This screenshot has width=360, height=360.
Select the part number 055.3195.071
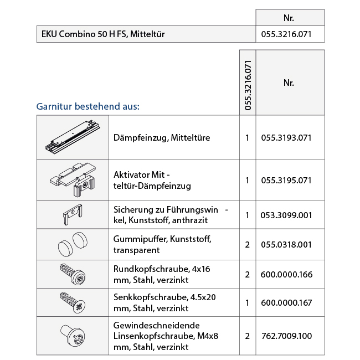click(286, 181)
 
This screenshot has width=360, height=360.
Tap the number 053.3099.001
click(286, 215)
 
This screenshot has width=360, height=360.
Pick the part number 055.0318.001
click(286, 244)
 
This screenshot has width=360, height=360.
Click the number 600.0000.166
click(286, 274)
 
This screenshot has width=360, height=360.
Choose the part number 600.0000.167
click(286, 303)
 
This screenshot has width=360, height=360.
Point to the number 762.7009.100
click(286, 336)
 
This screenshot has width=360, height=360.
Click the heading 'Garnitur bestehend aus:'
click(88, 105)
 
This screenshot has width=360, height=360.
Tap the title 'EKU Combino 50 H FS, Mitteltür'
click(103, 34)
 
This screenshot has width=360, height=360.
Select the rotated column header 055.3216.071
click(248, 83)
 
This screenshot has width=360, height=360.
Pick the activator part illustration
click(73, 179)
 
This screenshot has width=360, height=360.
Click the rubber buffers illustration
click(73, 244)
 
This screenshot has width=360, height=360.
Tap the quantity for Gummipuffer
click(248, 244)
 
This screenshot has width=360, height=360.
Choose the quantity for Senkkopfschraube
click(248, 303)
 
